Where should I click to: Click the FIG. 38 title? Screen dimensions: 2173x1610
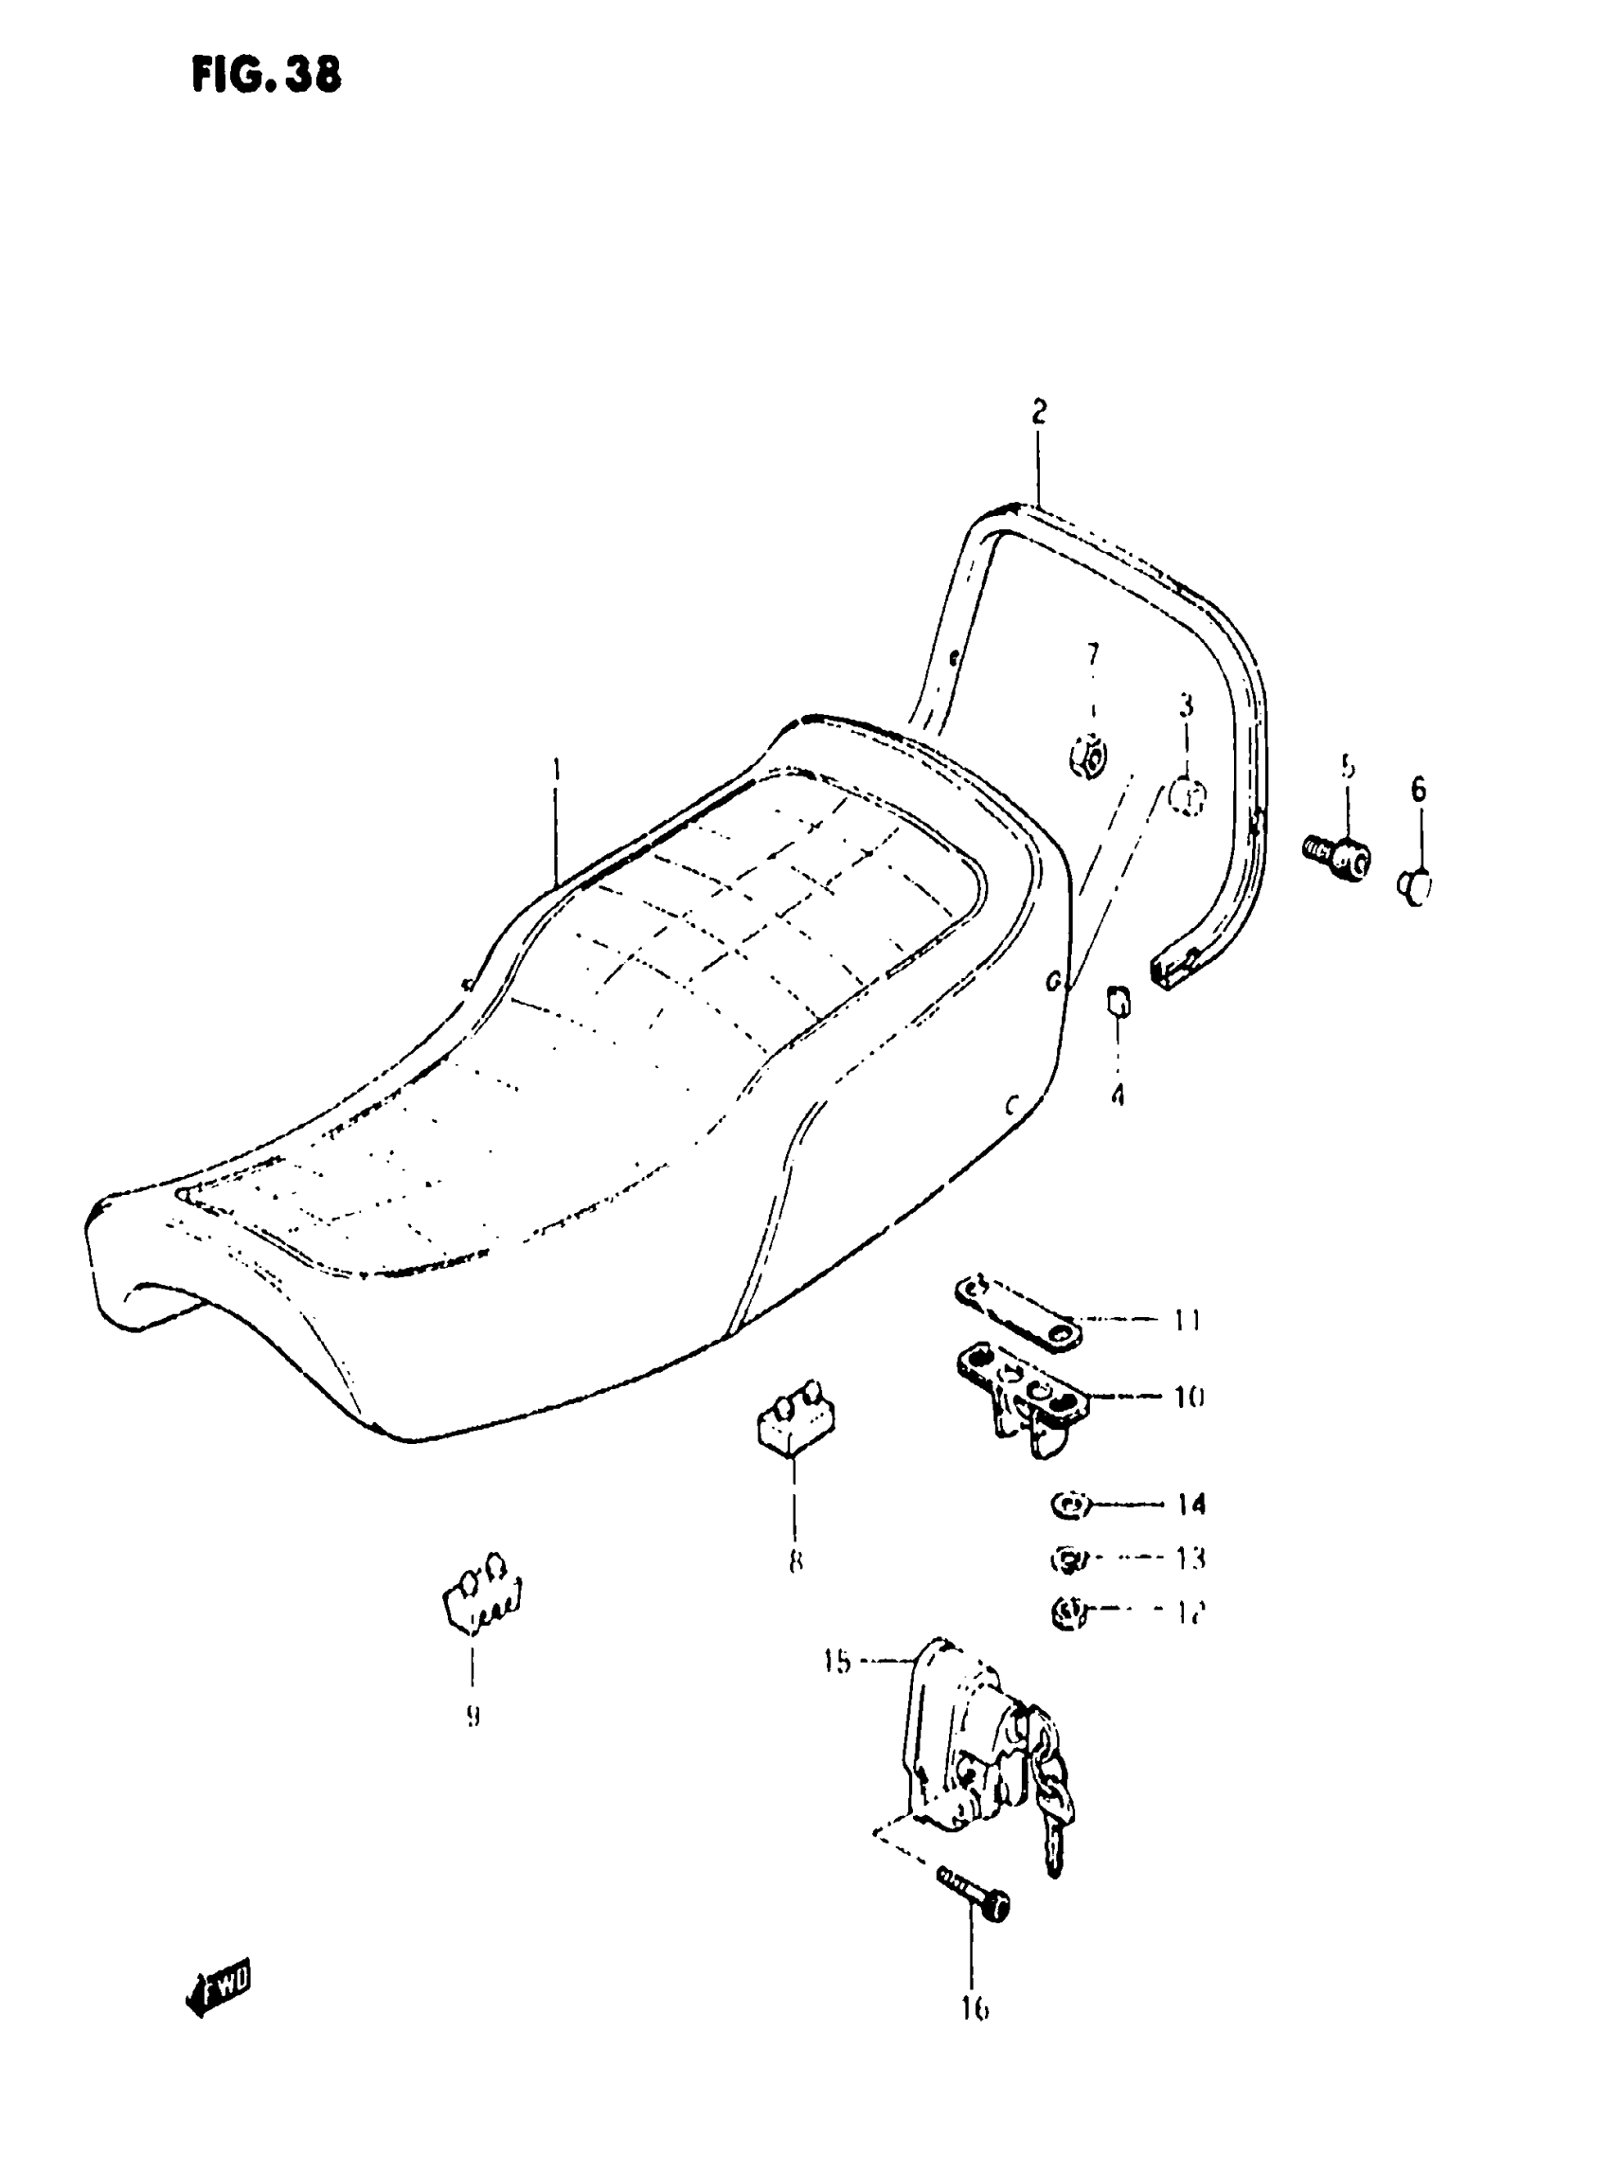[x=266, y=75]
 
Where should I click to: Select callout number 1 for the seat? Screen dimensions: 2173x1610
[x=557, y=771]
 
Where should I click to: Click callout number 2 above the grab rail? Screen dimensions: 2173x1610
[x=1039, y=412]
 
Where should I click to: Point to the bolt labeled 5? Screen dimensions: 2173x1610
[x=1338, y=857]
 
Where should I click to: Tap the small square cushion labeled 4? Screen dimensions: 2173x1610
[x=1118, y=1000]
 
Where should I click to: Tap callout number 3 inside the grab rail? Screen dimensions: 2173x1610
[x=1186, y=705]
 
